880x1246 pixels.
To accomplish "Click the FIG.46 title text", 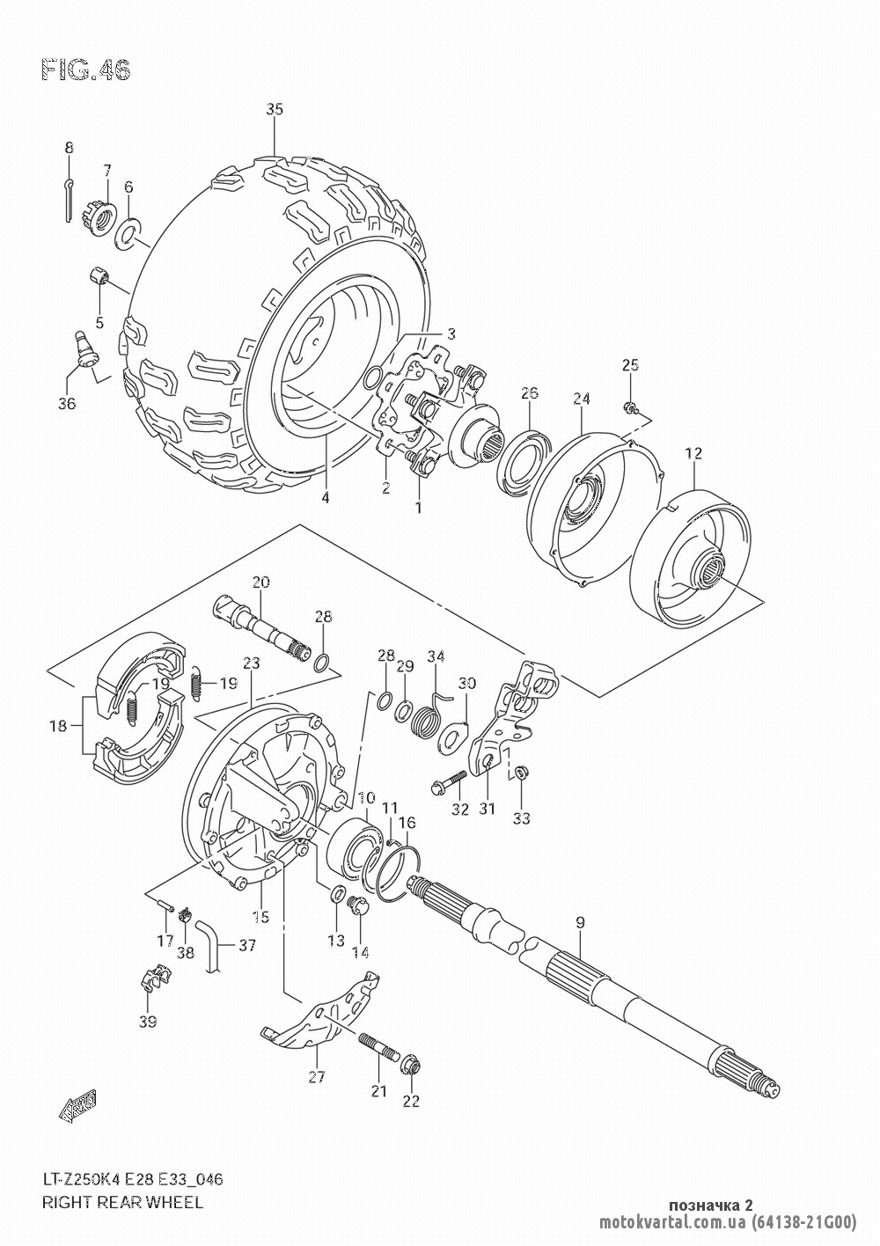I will pos(85,70).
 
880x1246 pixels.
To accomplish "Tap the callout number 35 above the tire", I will pos(275,110).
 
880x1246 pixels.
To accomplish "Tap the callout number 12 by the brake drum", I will pos(694,453).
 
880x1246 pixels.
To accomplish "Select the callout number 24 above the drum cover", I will pos(581,399).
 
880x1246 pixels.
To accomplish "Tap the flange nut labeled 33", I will pos(519,773).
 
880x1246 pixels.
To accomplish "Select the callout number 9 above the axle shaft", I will pos(579,922).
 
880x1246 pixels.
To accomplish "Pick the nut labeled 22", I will pos(409,1066).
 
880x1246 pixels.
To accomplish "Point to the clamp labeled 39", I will pos(153,978).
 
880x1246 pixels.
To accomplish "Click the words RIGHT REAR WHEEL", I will pos(123,1202).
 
